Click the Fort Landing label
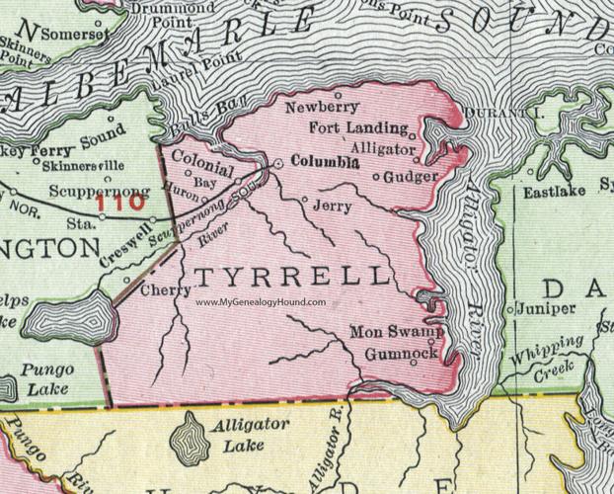click(x=357, y=127)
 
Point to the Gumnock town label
click(x=400, y=352)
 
